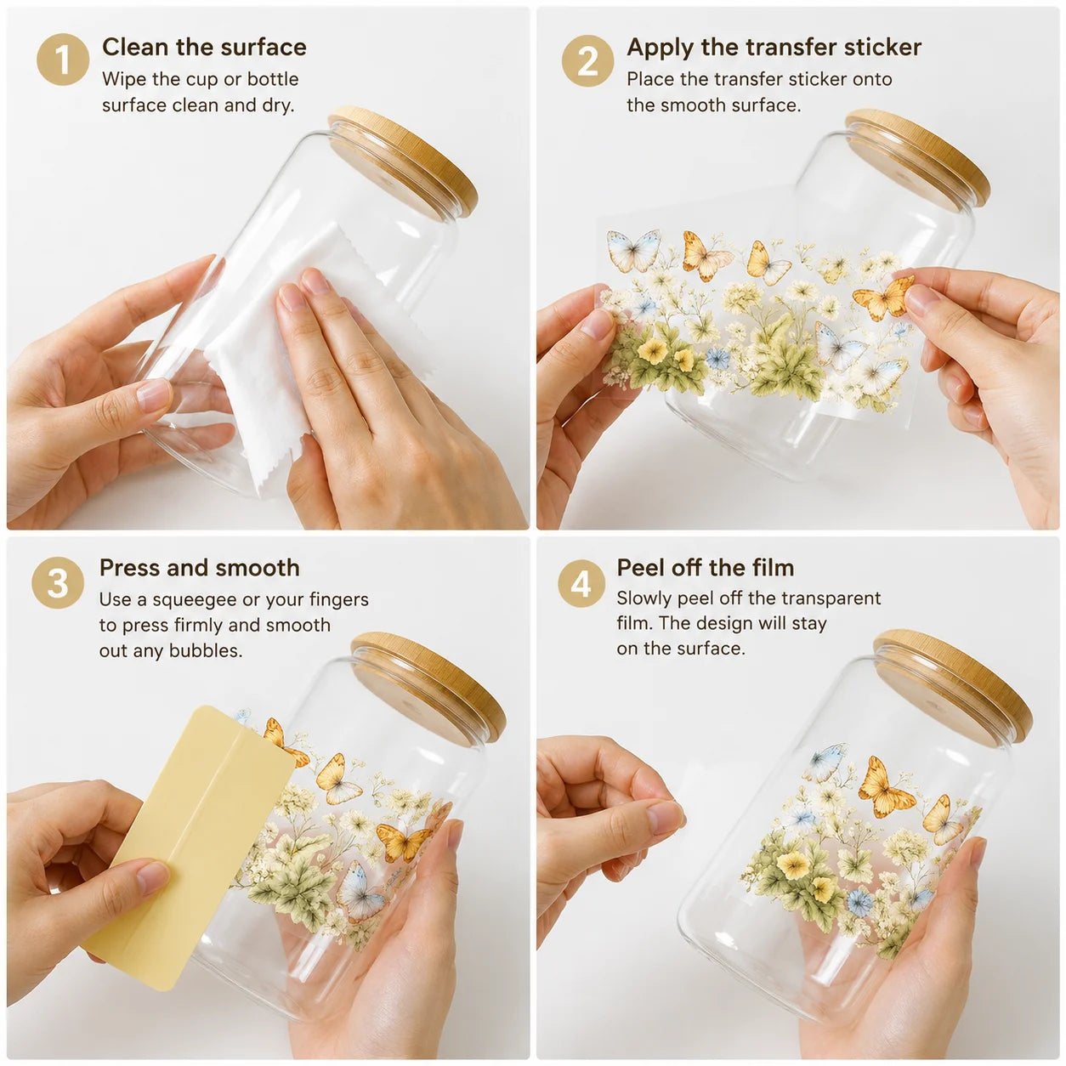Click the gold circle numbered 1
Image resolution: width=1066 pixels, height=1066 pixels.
[63, 60]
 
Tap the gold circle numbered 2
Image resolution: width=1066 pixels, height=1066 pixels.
[587, 61]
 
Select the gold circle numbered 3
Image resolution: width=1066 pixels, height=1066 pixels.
[58, 582]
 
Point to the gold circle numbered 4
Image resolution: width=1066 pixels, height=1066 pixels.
[581, 583]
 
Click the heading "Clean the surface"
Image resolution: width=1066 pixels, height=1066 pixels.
[204, 47]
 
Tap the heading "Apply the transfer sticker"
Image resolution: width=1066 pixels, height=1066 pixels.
[774, 48]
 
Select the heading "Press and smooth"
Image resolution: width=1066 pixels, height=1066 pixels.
[200, 568]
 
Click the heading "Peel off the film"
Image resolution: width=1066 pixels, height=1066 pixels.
[706, 568]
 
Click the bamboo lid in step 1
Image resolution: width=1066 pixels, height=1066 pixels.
[404, 161]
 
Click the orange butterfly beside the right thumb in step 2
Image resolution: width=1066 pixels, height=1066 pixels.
[882, 298]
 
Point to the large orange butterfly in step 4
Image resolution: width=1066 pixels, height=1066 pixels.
[884, 786]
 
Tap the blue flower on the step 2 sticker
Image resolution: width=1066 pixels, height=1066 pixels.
[718, 359]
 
